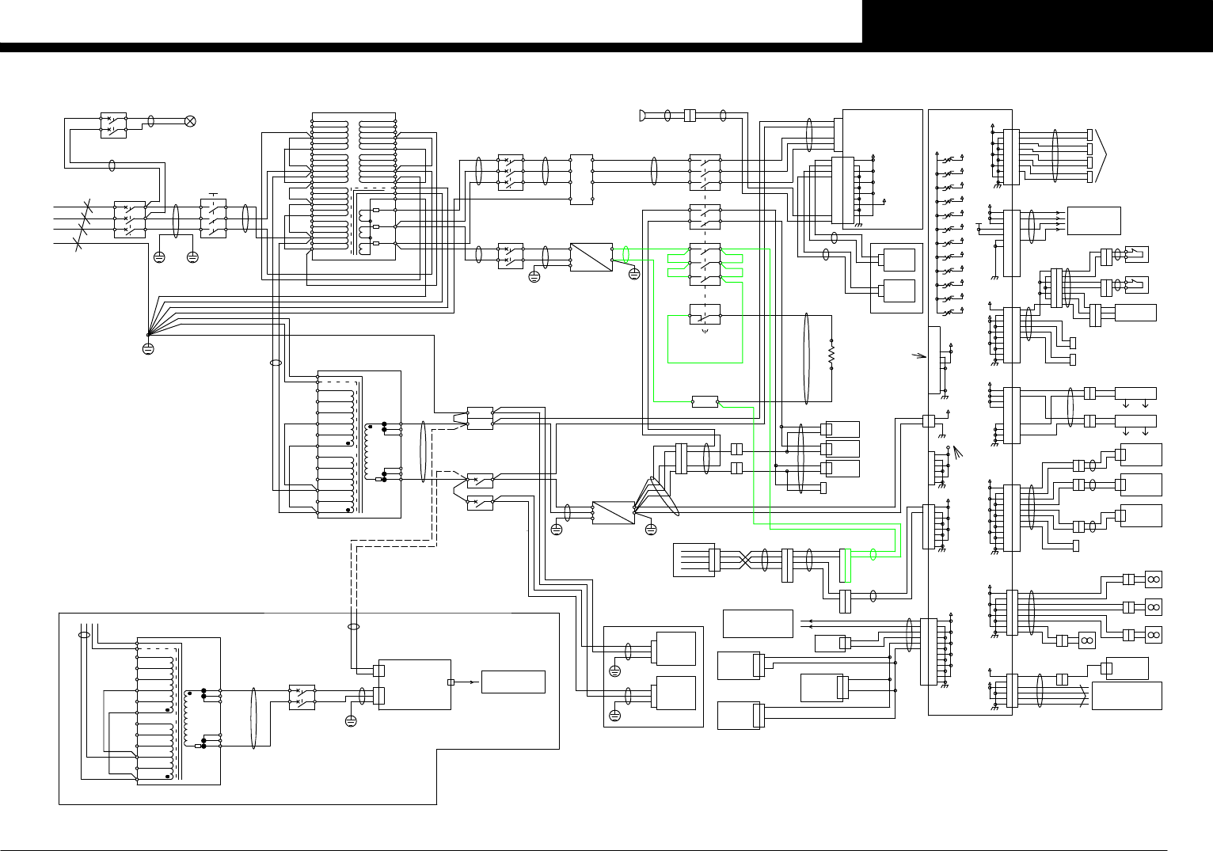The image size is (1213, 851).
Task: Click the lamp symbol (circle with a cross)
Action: tap(189, 121)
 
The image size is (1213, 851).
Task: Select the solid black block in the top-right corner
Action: tap(1037, 21)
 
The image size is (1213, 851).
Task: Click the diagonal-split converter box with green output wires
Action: tap(591, 257)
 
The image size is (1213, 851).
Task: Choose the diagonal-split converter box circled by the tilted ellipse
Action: tap(614, 512)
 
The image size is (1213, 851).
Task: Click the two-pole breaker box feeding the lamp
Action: tap(113, 125)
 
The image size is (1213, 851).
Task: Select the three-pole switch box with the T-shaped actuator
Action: tap(213, 219)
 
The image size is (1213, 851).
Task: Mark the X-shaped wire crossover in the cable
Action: tap(747, 560)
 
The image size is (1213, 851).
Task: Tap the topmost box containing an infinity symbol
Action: tap(1153, 579)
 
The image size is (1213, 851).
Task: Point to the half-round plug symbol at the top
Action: tap(641, 116)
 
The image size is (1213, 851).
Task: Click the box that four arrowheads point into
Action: tap(1093, 221)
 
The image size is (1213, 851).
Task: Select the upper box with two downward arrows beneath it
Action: tap(1135, 393)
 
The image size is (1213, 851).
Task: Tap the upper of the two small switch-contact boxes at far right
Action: tap(1137, 255)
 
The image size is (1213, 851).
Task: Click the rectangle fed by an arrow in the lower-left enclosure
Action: tap(513, 682)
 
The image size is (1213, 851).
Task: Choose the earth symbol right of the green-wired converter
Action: tap(633, 274)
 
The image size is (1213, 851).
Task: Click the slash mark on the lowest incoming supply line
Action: tap(78, 243)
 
